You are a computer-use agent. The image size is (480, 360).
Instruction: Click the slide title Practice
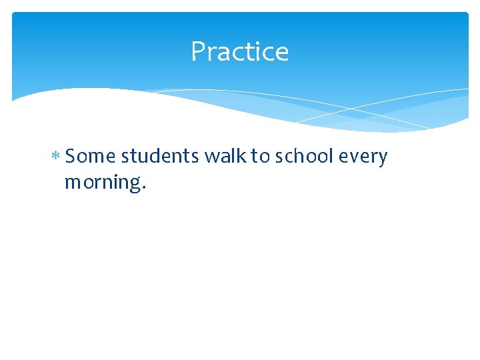tap(239, 51)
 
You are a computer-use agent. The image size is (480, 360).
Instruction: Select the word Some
tap(91, 157)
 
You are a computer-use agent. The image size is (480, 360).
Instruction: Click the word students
tap(160, 157)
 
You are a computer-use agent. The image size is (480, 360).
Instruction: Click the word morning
tap(101, 182)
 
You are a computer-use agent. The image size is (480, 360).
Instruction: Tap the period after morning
tap(143, 188)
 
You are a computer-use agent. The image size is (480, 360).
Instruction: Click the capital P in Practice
tap(197, 51)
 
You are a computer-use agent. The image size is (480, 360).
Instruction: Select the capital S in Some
tap(71, 157)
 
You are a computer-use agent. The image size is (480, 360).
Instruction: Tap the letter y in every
tap(383, 159)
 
